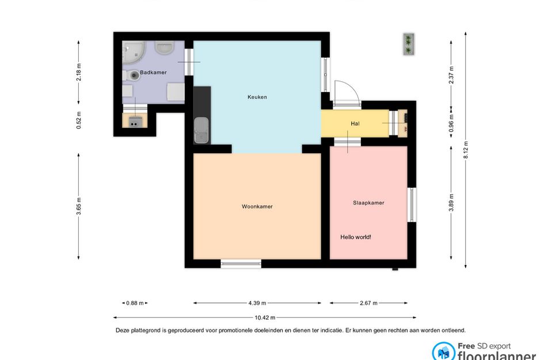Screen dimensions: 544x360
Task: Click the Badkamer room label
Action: pyautogui.click(x=153, y=72)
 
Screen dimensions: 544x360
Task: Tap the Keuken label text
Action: pyautogui.click(x=257, y=97)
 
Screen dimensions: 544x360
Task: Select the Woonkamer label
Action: pyautogui.click(x=257, y=206)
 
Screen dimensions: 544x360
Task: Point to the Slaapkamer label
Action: pyautogui.click(x=368, y=202)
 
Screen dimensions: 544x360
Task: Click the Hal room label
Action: pyautogui.click(x=355, y=123)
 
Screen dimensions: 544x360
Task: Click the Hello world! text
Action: pyautogui.click(x=356, y=237)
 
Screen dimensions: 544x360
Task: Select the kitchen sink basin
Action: pyautogui.click(x=201, y=130)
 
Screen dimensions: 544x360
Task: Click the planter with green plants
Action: pyautogui.click(x=409, y=44)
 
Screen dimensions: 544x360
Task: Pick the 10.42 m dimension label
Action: pyautogui.click(x=265, y=317)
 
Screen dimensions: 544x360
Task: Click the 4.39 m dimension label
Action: pyautogui.click(x=257, y=303)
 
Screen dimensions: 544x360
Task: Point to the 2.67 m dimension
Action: pyautogui.click(x=368, y=303)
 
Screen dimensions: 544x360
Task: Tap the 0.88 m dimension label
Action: pyautogui.click(x=135, y=303)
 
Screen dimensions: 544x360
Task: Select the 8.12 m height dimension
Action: pyautogui.click(x=466, y=150)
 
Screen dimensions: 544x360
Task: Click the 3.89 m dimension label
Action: pyautogui.click(x=451, y=202)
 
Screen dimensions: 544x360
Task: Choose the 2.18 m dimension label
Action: pyautogui.click(x=79, y=72)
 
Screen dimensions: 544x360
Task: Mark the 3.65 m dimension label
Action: pyautogui.click(x=79, y=206)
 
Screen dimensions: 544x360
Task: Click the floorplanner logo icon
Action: pyautogui.click(x=443, y=352)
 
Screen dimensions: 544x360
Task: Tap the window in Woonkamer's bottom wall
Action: pyautogui.click(x=241, y=264)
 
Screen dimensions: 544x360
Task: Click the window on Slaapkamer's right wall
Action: pyautogui.click(x=412, y=205)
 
